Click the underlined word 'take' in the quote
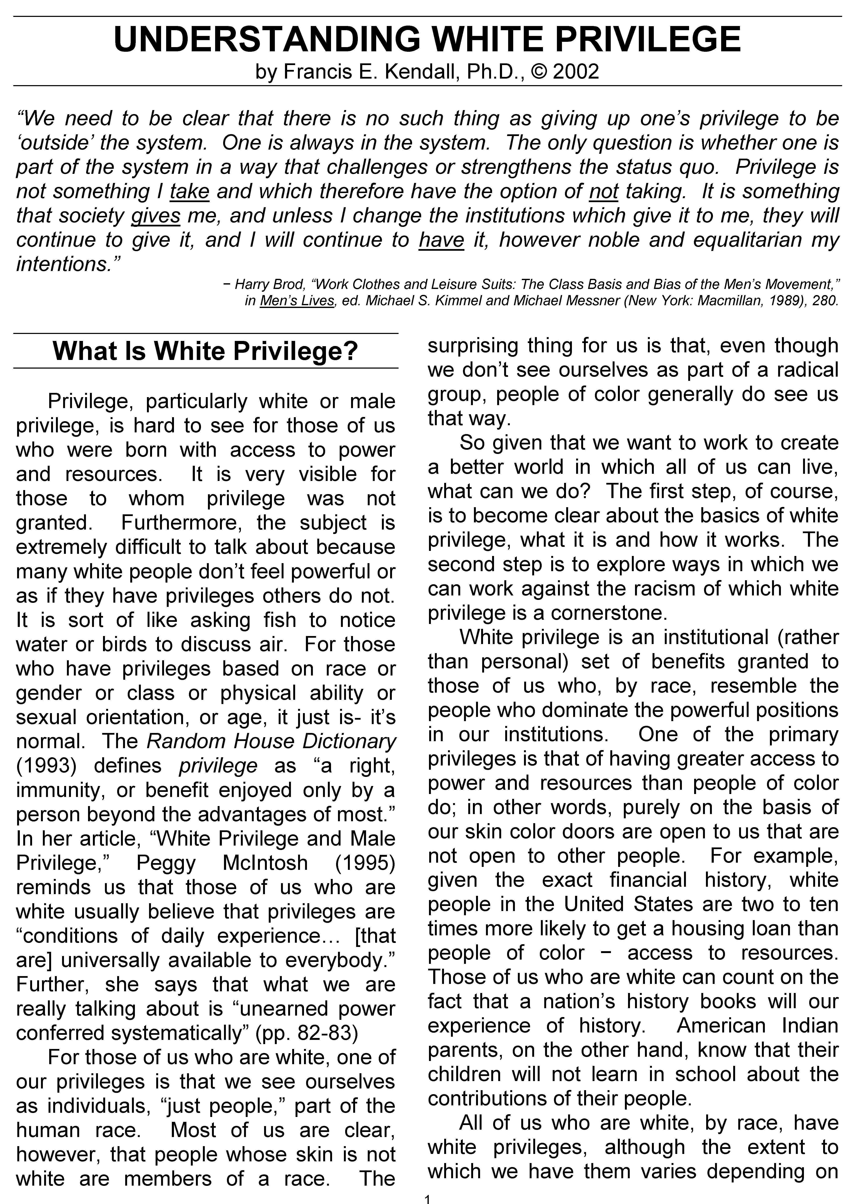pos(190,191)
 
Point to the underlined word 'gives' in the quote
pos(156,215)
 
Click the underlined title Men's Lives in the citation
pos(297,301)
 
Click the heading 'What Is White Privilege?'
pos(205,351)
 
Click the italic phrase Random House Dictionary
pos(271,741)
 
